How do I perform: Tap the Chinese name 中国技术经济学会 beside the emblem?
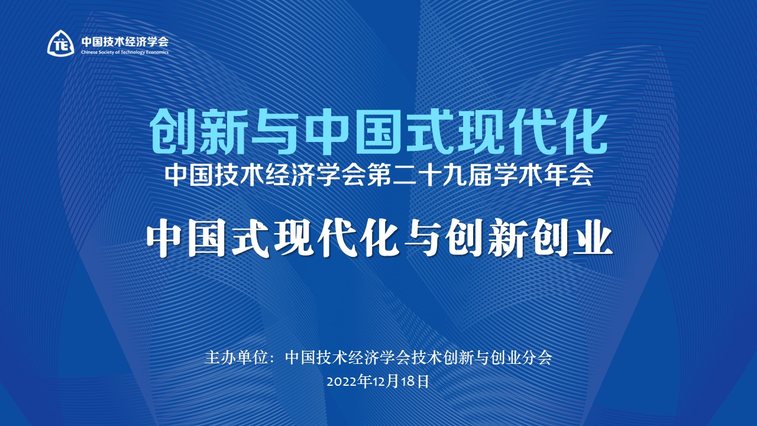[124, 41]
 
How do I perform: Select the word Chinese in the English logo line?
[89, 52]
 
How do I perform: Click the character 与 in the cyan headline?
[276, 130]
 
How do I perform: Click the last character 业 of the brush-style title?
[591, 240]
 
